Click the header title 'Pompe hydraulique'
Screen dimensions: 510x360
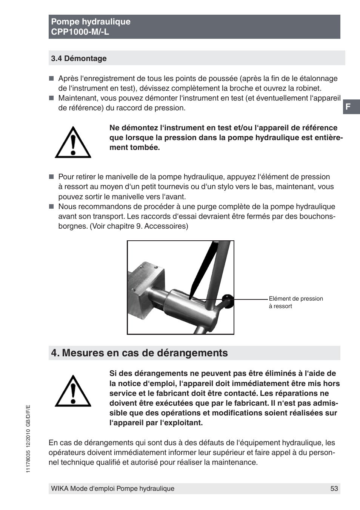[x=91, y=22]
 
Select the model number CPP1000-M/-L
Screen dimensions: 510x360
[x=80, y=32]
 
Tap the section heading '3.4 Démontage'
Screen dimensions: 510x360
[x=79, y=58]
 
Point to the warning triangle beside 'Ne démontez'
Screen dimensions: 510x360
[x=73, y=143]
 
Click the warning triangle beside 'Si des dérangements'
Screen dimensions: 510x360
[x=73, y=391]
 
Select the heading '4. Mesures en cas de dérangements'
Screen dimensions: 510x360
[x=140, y=353]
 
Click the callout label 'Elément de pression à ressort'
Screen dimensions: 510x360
[x=295, y=302]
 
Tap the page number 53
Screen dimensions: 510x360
[x=334, y=489]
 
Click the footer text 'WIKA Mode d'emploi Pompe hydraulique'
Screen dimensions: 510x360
[x=113, y=489]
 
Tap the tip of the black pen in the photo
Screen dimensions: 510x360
[x=191, y=297]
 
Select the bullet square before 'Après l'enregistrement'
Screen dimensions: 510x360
[x=52, y=79]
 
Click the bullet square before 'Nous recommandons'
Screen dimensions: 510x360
[x=52, y=207]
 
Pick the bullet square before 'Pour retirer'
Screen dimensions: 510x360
[x=52, y=177]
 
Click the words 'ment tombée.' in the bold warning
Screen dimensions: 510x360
[x=135, y=148]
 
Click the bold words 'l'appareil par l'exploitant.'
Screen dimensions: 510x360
[x=156, y=423]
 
